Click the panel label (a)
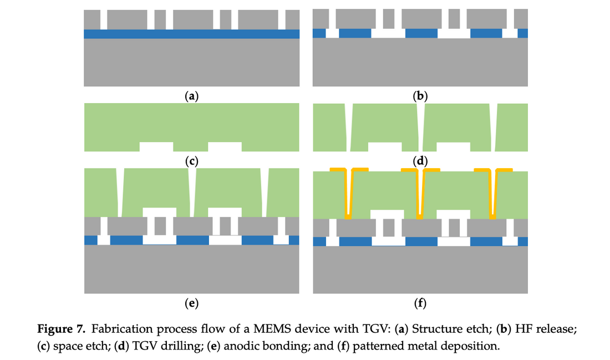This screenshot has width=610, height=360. [192, 96]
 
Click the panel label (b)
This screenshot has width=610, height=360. [420, 96]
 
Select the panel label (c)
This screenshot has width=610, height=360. [192, 161]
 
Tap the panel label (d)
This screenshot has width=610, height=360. [420, 161]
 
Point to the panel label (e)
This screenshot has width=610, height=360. [192, 303]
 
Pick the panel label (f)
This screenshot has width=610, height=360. [420, 303]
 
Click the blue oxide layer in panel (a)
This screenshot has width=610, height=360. [192, 34]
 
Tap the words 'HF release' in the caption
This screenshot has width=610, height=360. [548, 330]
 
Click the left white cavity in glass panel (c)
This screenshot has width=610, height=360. [156, 146]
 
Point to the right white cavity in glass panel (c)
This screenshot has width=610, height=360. [225, 146]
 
